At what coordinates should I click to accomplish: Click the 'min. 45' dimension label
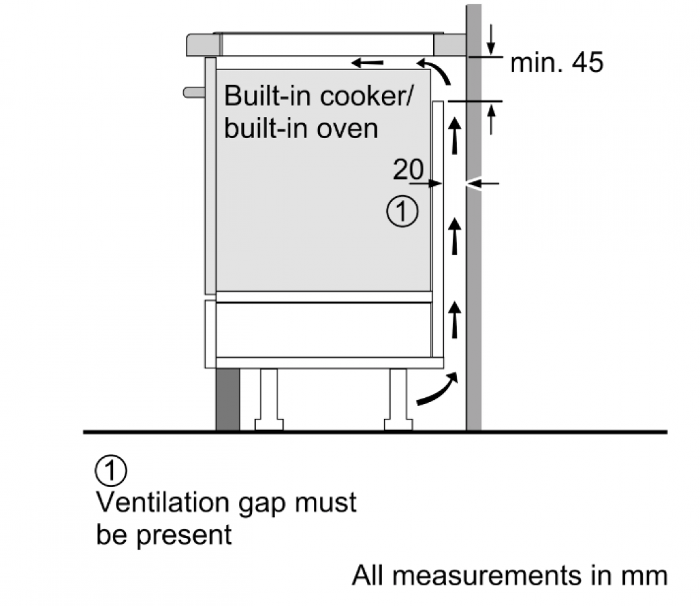(556, 63)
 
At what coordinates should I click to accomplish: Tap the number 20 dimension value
(408, 169)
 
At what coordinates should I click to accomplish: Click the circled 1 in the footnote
(110, 471)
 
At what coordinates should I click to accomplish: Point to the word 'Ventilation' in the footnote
(164, 502)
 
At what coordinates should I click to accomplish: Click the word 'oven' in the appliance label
(348, 129)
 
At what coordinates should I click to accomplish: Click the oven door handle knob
(194, 92)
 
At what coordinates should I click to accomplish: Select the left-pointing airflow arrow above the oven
(367, 63)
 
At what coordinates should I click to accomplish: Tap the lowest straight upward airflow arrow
(455, 320)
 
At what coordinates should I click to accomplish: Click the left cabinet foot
(269, 399)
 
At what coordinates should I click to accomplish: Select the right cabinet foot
(398, 399)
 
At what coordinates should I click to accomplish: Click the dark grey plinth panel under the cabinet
(228, 399)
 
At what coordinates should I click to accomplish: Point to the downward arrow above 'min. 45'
(491, 39)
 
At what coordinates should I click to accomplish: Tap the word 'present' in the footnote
(184, 535)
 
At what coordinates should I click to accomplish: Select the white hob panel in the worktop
(327, 44)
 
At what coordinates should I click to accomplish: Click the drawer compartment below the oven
(323, 330)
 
